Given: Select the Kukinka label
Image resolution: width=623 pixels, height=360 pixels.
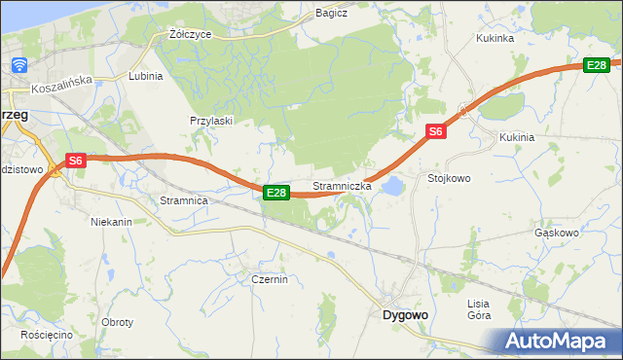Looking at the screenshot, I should point(495,38).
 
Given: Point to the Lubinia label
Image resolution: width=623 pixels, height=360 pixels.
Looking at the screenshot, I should point(145,75).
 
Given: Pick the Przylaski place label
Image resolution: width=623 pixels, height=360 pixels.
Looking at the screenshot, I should point(209,121).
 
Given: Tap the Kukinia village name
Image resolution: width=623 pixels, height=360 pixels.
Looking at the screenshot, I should point(517,137).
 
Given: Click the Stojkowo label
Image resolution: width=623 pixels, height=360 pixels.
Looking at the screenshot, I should point(449,178).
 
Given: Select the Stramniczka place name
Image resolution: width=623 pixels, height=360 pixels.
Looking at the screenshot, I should point(341,185).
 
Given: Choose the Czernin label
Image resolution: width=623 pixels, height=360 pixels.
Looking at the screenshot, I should point(268,279).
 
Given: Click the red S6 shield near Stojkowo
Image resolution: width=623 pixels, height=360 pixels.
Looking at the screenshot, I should point(435,131).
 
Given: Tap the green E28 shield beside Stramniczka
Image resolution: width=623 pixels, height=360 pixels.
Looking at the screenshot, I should point(276,193).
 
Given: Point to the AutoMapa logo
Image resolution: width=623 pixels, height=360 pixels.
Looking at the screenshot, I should point(555,341).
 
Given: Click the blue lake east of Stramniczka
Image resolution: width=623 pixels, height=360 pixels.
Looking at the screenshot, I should point(391,185).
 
